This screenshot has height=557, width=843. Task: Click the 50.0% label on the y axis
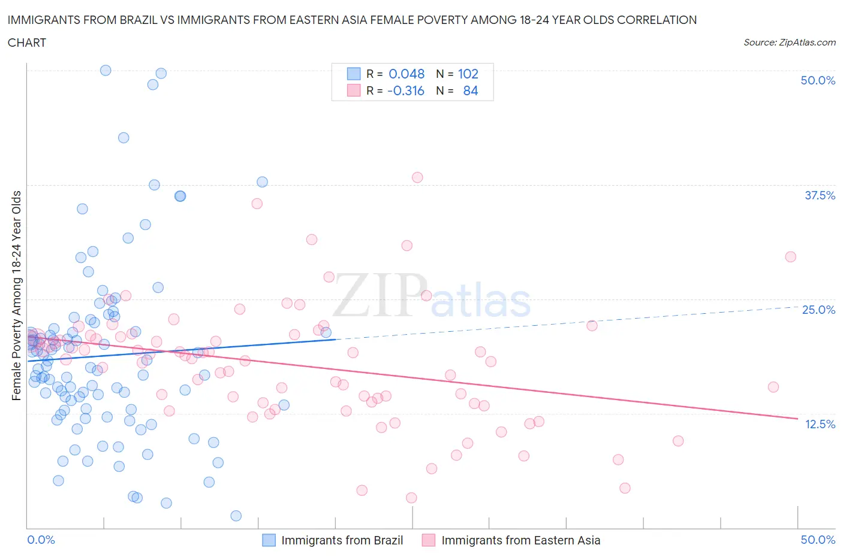point(818,80)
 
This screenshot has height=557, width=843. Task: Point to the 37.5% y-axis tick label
point(819,195)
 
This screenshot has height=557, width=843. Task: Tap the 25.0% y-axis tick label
point(818,310)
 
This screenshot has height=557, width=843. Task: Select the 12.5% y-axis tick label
point(820,424)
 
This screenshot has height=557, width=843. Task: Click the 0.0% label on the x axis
point(41,540)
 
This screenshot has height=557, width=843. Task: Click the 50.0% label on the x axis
point(818,540)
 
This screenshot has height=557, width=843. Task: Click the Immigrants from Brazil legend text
point(342,540)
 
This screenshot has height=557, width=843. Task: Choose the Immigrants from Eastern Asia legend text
point(520,540)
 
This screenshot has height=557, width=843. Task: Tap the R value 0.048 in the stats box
point(407,74)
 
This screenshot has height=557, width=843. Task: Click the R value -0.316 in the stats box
point(405,90)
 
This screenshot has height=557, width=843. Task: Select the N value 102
point(468,74)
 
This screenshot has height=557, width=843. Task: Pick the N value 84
point(470,90)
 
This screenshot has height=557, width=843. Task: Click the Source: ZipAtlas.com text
point(789,42)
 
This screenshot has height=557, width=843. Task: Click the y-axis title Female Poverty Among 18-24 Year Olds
point(16,295)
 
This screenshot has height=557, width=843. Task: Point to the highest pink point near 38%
point(417,177)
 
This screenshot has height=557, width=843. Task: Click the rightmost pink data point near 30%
point(790,256)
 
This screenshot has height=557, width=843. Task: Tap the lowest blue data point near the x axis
point(236,516)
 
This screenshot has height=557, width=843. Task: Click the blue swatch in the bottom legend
point(269,540)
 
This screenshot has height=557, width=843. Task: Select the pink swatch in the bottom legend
point(429,540)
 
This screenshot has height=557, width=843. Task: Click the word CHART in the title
point(27,43)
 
